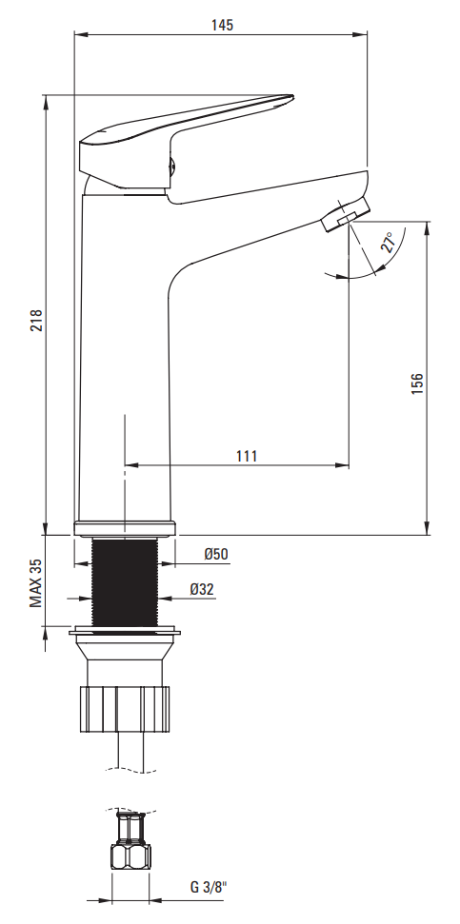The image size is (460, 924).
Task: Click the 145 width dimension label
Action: pos(222,25)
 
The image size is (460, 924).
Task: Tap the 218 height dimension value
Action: pos(36,321)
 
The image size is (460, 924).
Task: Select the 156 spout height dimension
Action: pos(417,383)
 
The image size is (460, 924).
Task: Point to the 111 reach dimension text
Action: pos(247,456)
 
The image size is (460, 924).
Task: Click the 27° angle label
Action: pos(388,243)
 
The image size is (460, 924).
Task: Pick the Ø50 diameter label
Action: pos(216,554)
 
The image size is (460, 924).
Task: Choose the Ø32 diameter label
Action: pos(202,589)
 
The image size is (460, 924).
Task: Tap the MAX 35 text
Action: pos(36,583)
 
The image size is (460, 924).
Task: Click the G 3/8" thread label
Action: pos(209,887)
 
